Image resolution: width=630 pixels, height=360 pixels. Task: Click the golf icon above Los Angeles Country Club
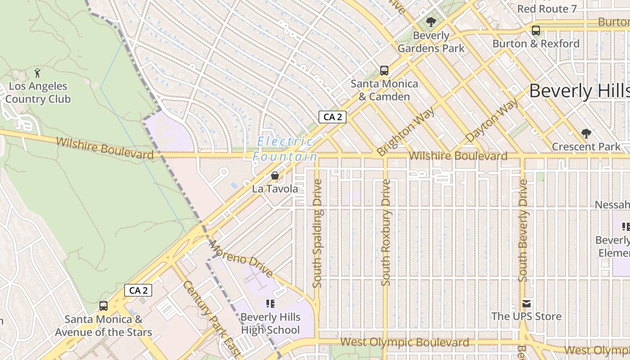[x=37, y=72]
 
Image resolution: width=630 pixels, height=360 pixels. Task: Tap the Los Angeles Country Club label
[x=38, y=93]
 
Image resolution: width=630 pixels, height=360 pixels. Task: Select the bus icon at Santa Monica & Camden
[x=384, y=70]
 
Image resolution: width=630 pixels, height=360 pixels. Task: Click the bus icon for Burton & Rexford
[x=535, y=31]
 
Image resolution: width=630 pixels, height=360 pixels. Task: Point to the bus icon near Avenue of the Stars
[x=103, y=306]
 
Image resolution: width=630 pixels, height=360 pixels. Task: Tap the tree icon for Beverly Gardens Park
[x=431, y=22]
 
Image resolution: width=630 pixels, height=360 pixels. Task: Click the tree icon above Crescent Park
[x=585, y=134]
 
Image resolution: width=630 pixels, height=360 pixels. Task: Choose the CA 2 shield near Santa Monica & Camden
[x=333, y=117]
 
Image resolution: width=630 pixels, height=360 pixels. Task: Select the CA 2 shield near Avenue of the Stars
[x=138, y=290]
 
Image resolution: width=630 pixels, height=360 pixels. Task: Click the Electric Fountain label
[x=285, y=149]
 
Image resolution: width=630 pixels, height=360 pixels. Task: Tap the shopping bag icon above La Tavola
[x=274, y=175]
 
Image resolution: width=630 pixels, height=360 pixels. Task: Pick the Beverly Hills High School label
[x=270, y=324]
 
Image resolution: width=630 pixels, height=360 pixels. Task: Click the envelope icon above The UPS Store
[x=526, y=304]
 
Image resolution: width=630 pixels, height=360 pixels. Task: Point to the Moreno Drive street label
[x=241, y=259]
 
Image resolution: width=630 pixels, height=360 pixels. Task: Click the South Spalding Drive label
[x=317, y=234]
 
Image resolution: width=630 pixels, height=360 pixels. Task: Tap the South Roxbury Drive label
[x=386, y=232]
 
